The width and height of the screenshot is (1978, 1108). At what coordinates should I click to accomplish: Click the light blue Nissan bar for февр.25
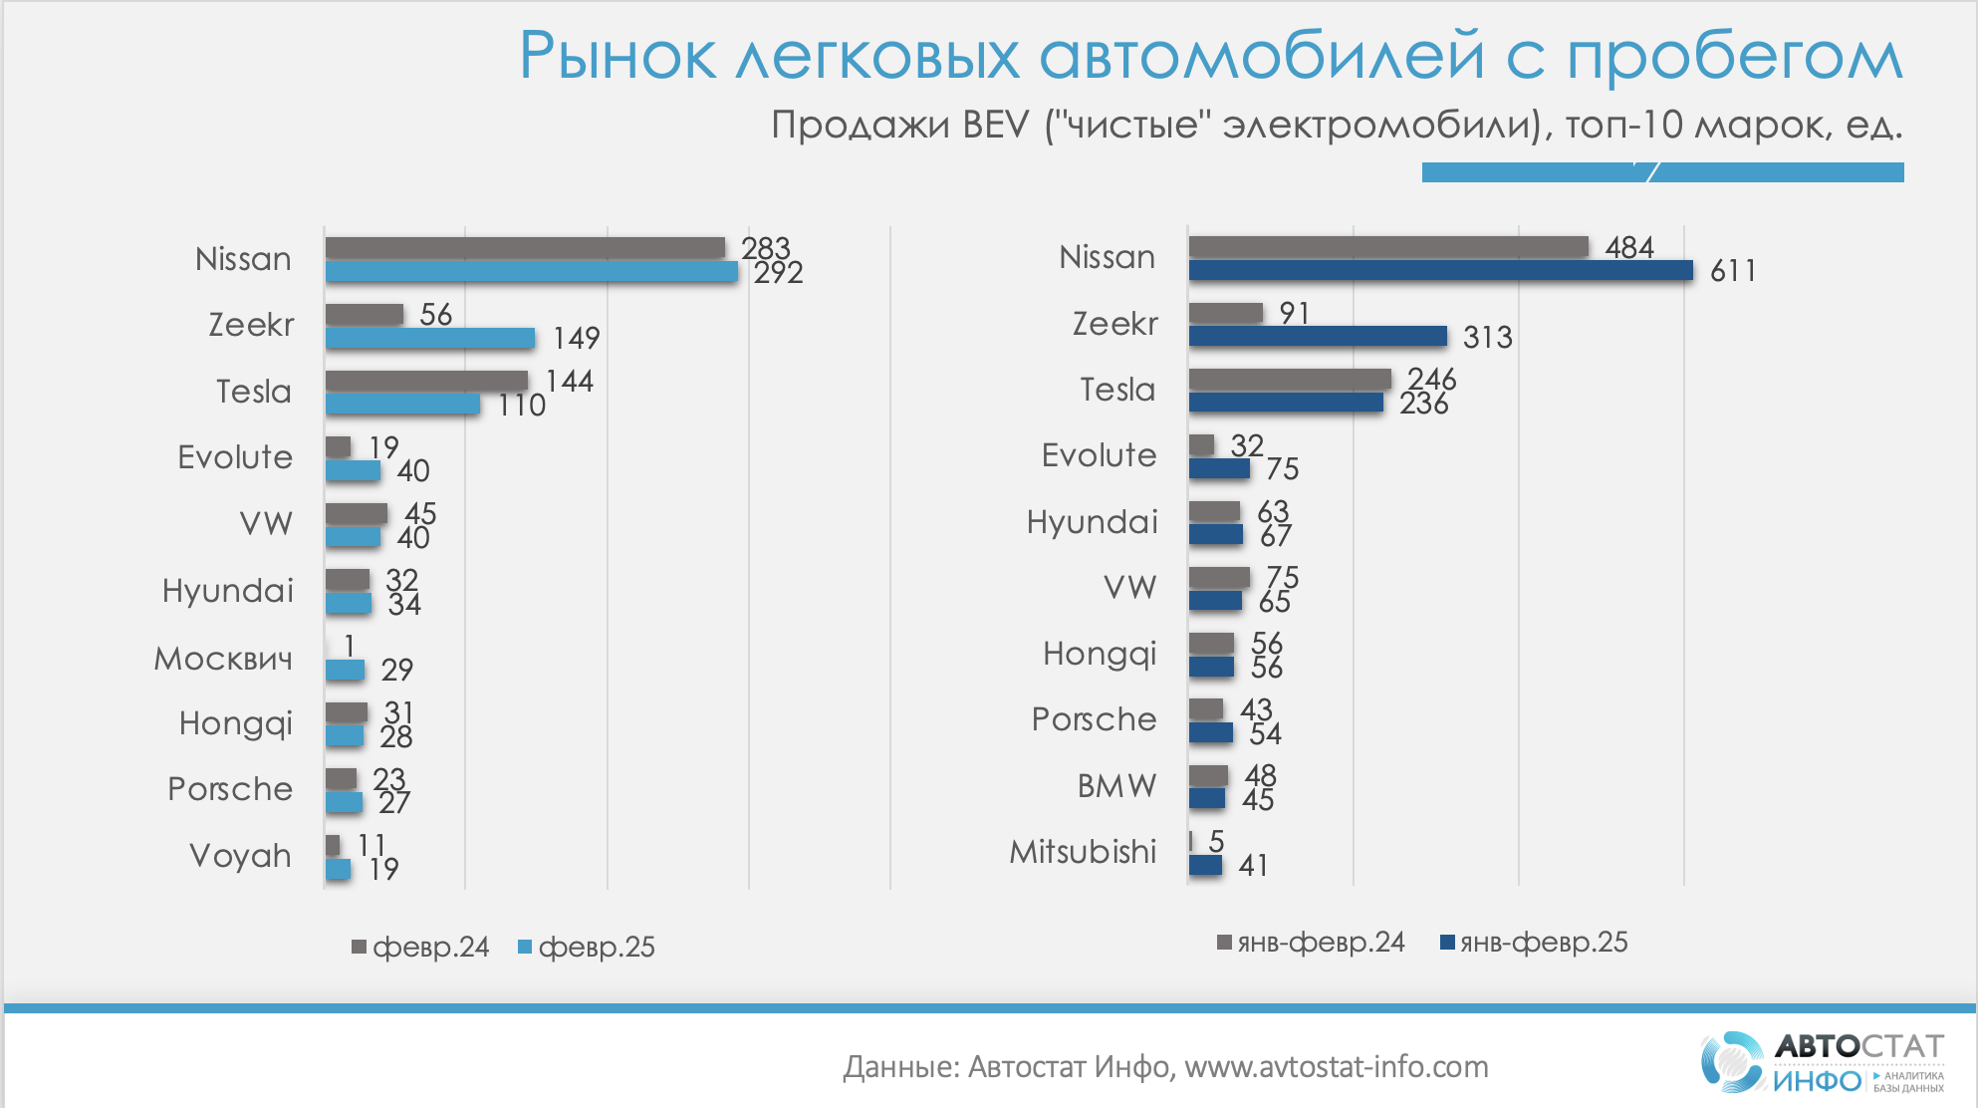click(531, 271)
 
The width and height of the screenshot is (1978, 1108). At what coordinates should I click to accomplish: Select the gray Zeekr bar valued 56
click(364, 315)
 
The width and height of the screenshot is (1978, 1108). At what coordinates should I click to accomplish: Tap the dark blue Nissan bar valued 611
click(1440, 270)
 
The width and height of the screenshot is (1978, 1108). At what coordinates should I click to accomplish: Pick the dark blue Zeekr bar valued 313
click(1317, 337)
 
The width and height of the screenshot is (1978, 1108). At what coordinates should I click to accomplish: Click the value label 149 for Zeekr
click(577, 339)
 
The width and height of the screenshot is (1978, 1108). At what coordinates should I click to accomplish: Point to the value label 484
click(1629, 247)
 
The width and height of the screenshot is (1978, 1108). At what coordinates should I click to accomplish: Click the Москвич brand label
click(223, 659)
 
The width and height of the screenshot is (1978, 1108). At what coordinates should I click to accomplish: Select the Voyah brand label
click(240, 856)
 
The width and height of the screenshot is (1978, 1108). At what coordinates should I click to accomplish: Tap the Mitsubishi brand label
click(1083, 852)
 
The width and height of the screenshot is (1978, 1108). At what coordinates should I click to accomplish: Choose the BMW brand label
click(1116, 786)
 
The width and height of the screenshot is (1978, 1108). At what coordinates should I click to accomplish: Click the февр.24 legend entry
click(420, 947)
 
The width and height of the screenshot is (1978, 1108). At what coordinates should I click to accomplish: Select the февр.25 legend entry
click(587, 947)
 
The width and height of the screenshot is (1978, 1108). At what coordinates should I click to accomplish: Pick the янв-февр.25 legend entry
click(1534, 943)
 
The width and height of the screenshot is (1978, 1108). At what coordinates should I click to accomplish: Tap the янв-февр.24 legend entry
click(1311, 943)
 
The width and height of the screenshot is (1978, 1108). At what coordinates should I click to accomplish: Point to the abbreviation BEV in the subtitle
click(995, 126)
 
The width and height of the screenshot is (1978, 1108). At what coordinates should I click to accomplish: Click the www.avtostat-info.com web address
click(1336, 1067)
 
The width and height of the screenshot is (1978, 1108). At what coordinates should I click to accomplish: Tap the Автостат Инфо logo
click(1822, 1062)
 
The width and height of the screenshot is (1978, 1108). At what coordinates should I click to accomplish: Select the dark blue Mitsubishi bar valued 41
click(1205, 865)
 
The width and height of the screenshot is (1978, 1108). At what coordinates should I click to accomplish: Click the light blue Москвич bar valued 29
click(345, 670)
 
